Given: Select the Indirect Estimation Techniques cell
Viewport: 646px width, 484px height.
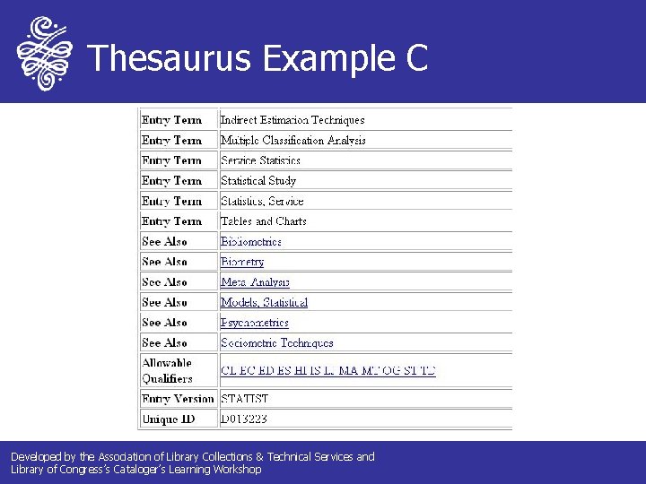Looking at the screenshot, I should click(292, 120).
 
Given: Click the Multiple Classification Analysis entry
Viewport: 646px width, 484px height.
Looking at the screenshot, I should click(292, 141).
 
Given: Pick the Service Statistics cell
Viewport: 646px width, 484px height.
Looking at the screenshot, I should click(260, 161).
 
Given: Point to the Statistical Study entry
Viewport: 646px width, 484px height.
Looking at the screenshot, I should click(258, 181).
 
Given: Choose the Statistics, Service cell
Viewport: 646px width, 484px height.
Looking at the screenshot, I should click(262, 202).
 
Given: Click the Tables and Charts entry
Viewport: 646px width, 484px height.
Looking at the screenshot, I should click(263, 221).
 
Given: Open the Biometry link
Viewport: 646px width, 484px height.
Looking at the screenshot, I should click(242, 263).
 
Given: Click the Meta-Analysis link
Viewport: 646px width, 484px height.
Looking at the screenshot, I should click(255, 282).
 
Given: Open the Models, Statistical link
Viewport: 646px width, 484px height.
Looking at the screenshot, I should click(264, 303).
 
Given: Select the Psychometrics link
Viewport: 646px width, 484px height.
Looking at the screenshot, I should click(255, 323).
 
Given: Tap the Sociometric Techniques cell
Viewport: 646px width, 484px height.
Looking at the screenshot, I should click(276, 343).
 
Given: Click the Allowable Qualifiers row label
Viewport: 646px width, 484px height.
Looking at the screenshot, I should click(167, 370).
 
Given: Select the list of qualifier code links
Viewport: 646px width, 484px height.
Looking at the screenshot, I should click(327, 370).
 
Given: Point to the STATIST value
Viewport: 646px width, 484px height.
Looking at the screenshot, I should click(244, 399).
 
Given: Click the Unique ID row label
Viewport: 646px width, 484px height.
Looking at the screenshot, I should click(169, 419).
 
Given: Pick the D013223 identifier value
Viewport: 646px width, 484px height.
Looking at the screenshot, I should click(244, 419).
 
